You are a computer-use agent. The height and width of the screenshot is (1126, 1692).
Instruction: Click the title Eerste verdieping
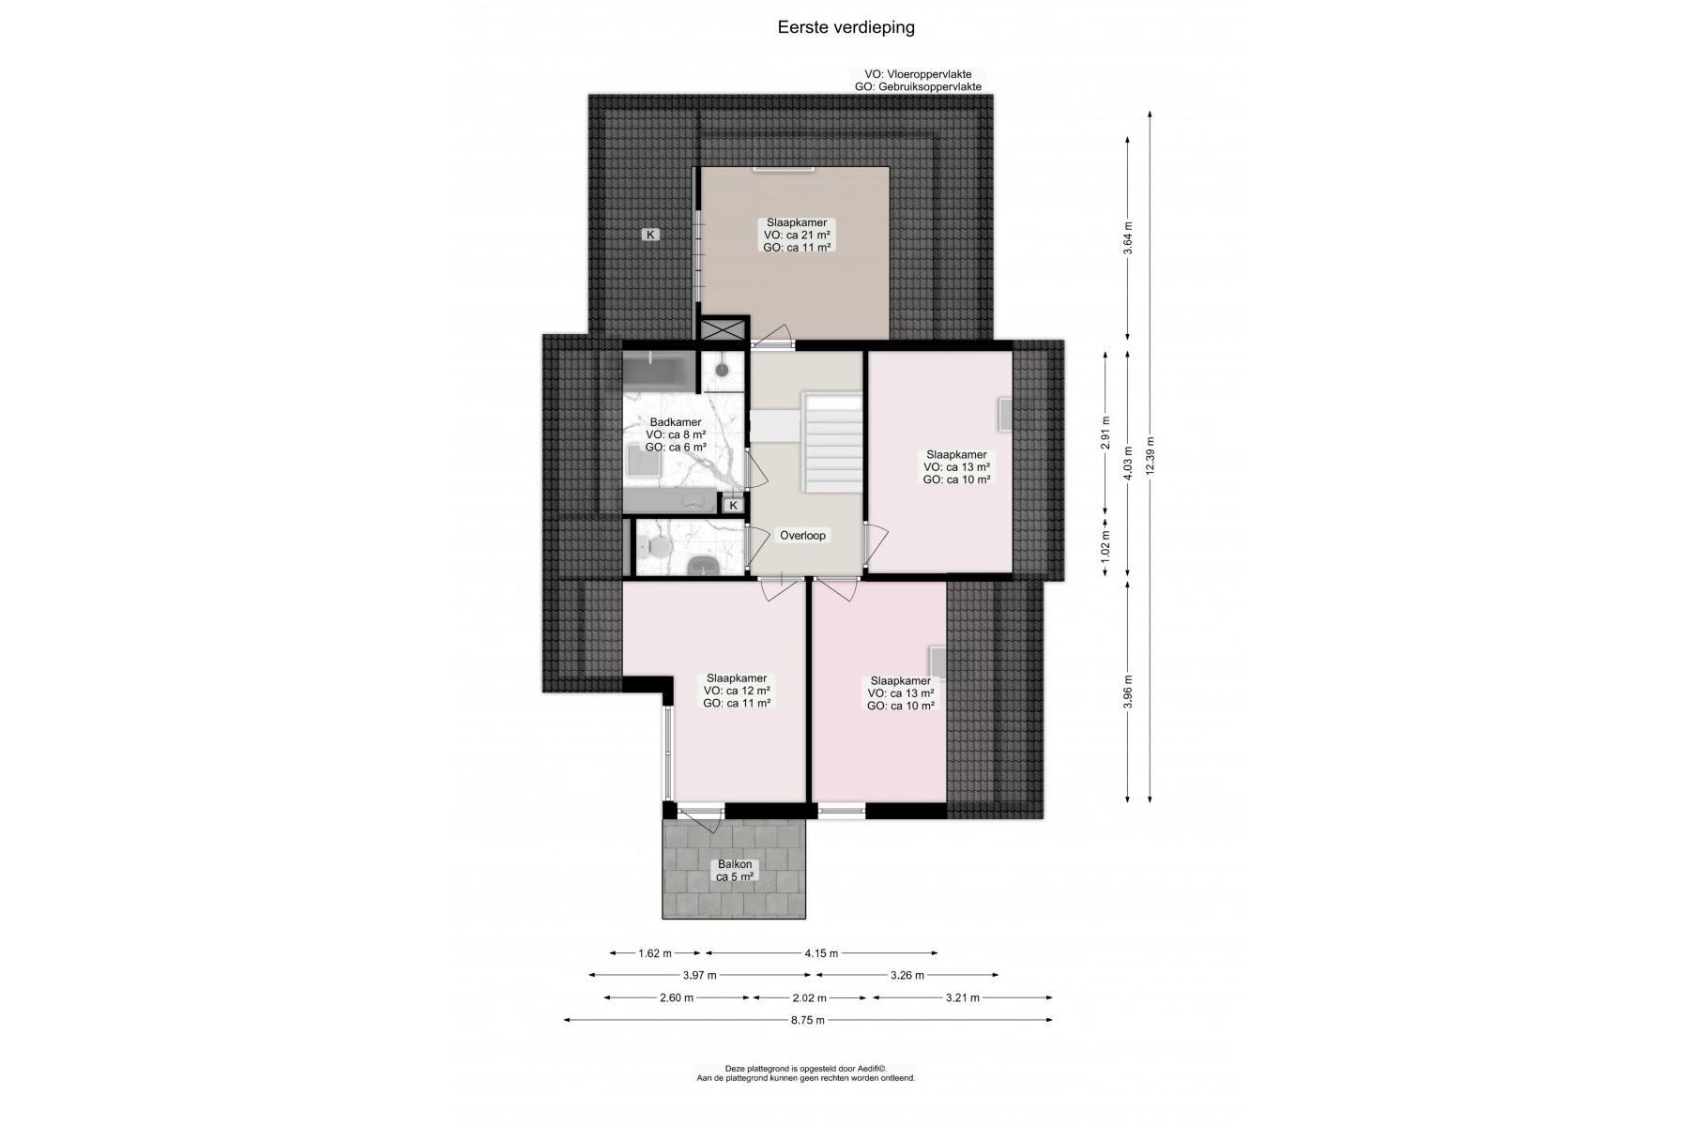846,27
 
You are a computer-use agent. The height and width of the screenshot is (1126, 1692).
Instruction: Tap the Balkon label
735,864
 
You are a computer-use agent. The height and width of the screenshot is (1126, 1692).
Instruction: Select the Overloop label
802,536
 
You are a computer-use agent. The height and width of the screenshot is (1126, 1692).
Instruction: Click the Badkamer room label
676,422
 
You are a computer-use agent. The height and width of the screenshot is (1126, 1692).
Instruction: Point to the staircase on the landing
831,442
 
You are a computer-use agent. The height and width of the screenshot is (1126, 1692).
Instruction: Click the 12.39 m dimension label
1151,456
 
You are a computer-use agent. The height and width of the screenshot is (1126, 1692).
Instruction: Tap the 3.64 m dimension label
1128,238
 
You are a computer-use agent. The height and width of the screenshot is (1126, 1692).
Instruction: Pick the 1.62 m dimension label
655,953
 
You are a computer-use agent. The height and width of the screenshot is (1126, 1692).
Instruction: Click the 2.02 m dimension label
810,997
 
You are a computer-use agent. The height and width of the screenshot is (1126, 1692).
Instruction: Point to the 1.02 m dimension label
1105,546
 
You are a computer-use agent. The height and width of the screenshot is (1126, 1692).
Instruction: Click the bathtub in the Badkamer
659,372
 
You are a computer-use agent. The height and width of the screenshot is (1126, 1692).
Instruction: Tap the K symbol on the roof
650,235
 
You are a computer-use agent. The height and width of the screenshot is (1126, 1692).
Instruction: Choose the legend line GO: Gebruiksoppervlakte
918,87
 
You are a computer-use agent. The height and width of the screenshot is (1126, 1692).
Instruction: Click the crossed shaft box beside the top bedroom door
724,329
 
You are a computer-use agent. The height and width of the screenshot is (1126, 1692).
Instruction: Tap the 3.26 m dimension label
907,975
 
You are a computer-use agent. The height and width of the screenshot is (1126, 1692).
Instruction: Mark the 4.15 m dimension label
821,953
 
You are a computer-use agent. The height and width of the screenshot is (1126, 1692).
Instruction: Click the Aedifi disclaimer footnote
805,1073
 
